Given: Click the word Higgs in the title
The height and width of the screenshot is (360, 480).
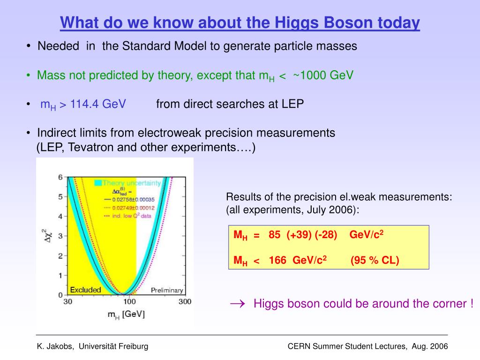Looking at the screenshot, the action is (296, 23).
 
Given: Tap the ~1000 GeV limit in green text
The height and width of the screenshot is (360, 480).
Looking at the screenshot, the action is (323, 75).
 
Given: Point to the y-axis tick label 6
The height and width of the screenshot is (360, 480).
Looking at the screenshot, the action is (60, 177).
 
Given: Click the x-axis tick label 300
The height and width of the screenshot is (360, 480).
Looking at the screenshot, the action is (185, 301).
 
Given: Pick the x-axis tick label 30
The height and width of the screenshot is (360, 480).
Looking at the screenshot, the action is (68, 301).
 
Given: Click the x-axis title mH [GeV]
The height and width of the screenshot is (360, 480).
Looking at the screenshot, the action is (126, 315).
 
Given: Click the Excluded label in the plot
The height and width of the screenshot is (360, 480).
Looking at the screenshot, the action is (85, 290).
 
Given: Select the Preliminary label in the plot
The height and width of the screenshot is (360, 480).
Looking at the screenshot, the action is (167, 290).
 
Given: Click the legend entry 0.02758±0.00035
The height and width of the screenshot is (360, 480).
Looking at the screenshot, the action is (134, 200).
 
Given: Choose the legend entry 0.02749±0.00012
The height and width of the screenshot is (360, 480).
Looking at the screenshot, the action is (134, 208).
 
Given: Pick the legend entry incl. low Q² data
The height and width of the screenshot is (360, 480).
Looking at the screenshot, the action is (132, 216).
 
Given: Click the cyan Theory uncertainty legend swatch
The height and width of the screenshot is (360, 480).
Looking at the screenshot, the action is (98, 183).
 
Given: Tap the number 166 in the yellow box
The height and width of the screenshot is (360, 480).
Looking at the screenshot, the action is (277, 260).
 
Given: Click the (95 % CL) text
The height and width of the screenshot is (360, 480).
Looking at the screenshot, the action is (375, 260).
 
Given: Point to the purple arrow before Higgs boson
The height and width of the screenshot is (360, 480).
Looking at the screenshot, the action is (238, 304).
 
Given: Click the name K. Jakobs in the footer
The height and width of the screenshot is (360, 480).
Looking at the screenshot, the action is (55, 346).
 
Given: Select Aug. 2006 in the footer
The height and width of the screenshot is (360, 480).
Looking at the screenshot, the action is (430, 346).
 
